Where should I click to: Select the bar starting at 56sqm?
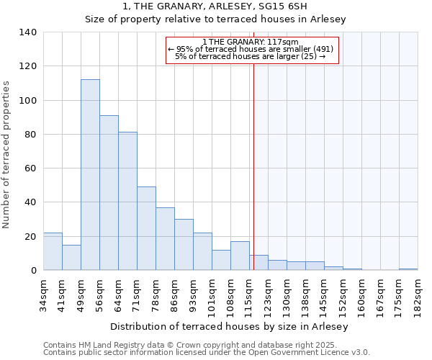[x=109, y=193]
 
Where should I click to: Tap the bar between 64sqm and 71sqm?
[x=127, y=201]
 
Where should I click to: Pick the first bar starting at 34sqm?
[x=53, y=251]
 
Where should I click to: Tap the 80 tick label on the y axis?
[x=30, y=135]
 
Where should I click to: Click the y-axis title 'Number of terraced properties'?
[x=6, y=155]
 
